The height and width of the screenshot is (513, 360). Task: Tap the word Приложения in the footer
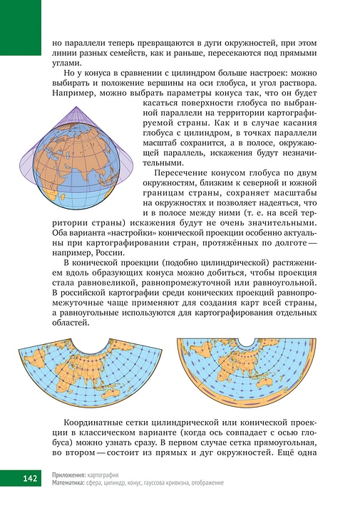pyautogui.click(x=69, y=474)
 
